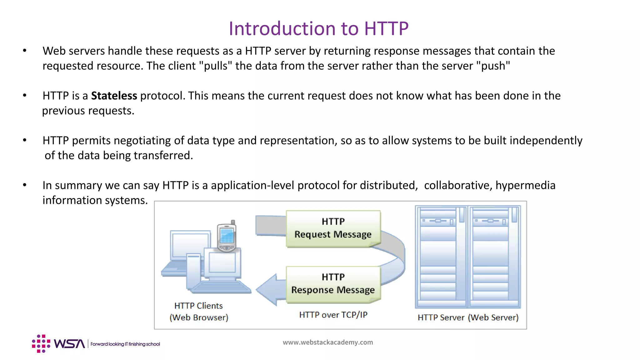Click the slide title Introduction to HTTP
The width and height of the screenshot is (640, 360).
pos(318,29)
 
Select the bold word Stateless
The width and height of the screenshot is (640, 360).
pos(114,96)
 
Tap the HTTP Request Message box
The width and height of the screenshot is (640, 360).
pos(333,228)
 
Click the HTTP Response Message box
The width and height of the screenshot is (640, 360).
pos(333,284)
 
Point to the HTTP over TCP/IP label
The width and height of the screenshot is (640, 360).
pos(333,315)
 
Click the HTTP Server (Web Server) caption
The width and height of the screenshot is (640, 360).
pos(468,317)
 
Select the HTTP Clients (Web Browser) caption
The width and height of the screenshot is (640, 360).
pos(199,312)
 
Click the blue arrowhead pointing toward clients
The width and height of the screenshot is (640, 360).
pos(267,289)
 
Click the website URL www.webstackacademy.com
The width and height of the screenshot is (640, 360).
pos(328,342)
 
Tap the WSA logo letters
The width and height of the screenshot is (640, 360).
pos(69,344)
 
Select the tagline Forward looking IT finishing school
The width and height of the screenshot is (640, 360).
pos(125,344)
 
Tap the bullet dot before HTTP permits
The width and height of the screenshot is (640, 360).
pos(25,140)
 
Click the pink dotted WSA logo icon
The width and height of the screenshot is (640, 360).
pos(41,344)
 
